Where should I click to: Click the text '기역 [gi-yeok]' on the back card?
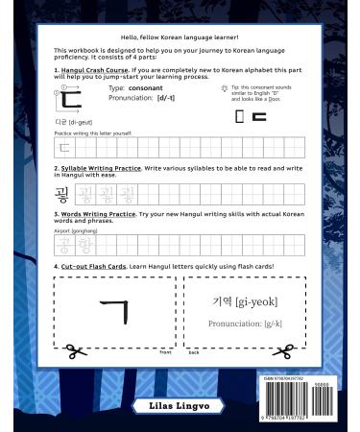coord(244,301)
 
